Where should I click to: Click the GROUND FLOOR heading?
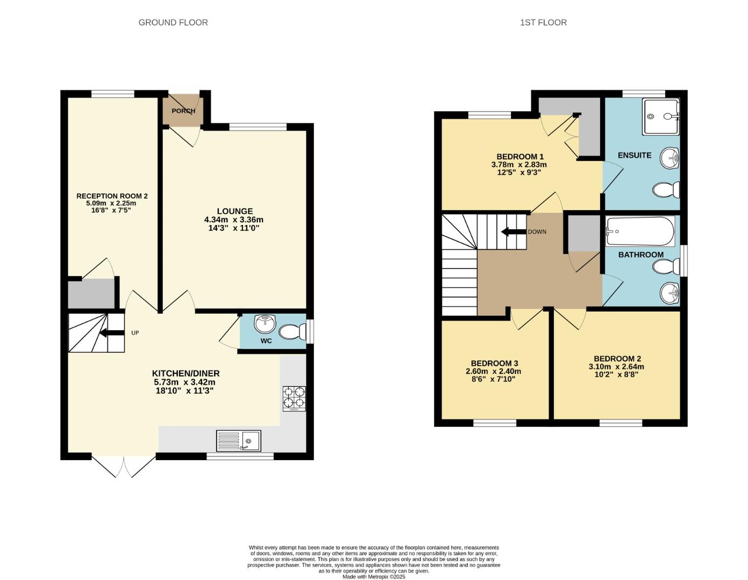click(x=173, y=23)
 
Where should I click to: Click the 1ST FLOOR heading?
click(x=543, y=23)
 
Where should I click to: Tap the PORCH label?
click(x=183, y=111)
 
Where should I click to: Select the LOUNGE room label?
click(x=234, y=211)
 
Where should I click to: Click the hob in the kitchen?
click(x=294, y=398)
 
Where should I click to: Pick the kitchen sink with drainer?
click(x=239, y=441)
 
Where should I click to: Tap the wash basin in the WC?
click(x=265, y=324)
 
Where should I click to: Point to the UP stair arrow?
click(x=111, y=333)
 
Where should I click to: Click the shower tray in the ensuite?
click(x=661, y=117)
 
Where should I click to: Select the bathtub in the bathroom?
click(x=640, y=231)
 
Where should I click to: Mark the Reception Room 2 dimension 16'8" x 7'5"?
click(x=111, y=211)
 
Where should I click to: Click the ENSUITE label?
click(x=635, y=155)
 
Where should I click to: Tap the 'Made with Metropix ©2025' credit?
click(x=374, y=577)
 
